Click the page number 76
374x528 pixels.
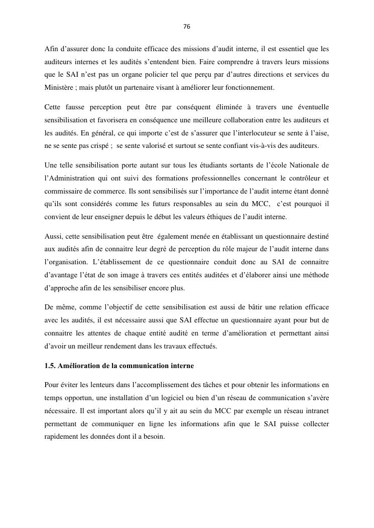pyautogui.click(x=187, y=27)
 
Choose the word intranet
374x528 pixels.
pyautogui.click(x=314, y=411)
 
